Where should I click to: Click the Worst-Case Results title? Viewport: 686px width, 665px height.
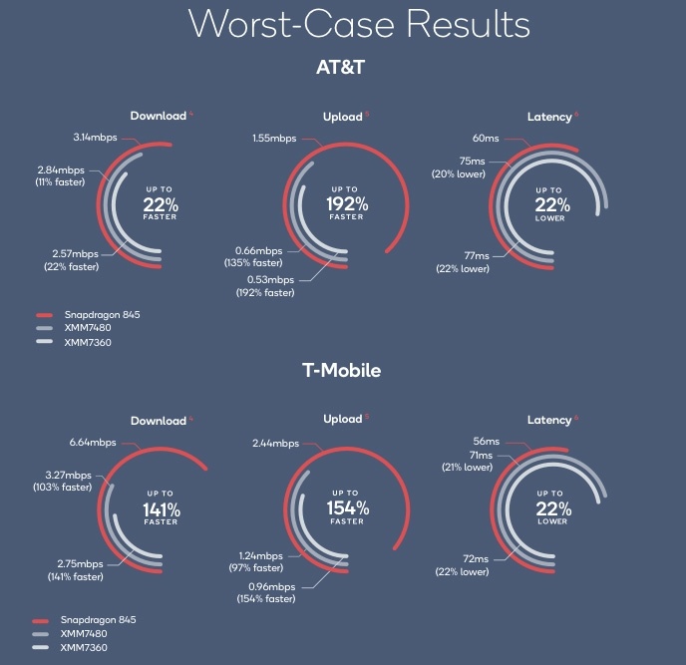tap(343, 24)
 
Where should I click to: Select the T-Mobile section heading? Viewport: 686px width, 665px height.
tap(342, 371)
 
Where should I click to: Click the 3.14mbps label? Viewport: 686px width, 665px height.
tap(96, 136)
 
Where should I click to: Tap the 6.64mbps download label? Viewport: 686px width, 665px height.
tap(93, 442)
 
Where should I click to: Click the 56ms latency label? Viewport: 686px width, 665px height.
tap(487, 442)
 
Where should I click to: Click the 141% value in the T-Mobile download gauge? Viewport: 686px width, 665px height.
tap(161, 509)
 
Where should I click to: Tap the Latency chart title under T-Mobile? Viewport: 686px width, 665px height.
tap(548, 421)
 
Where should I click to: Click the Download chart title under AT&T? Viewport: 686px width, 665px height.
tap(158, 116)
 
